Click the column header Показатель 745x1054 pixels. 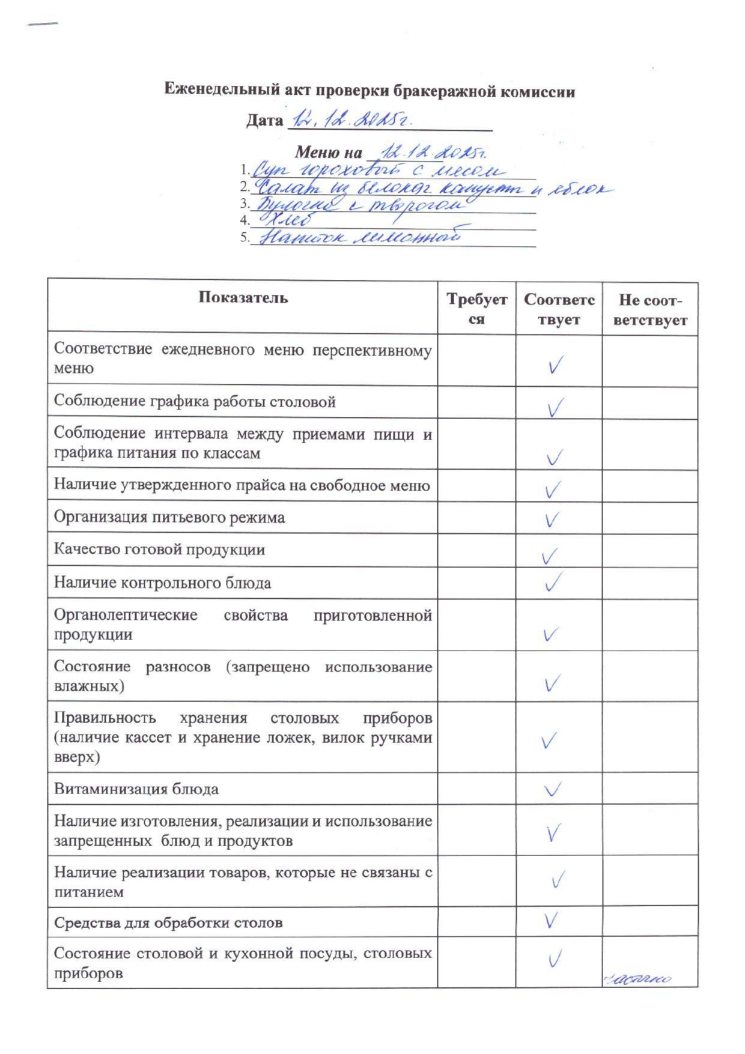(x=243, y=298)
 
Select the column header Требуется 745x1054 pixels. (x=476, y=309)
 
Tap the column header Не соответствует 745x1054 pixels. (x=650, y=309)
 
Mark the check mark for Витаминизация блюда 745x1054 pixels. (x=552, y=789)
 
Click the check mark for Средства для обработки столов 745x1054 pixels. (x=550, y=921)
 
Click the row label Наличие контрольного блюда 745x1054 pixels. (x=162, y=583)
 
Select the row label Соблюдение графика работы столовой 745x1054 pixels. (x=195, y=402)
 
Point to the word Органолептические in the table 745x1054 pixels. (x=126, y=616)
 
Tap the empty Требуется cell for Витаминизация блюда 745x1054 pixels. (x=476, y=789)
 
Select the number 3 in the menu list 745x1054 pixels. (x=244, y=204)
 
